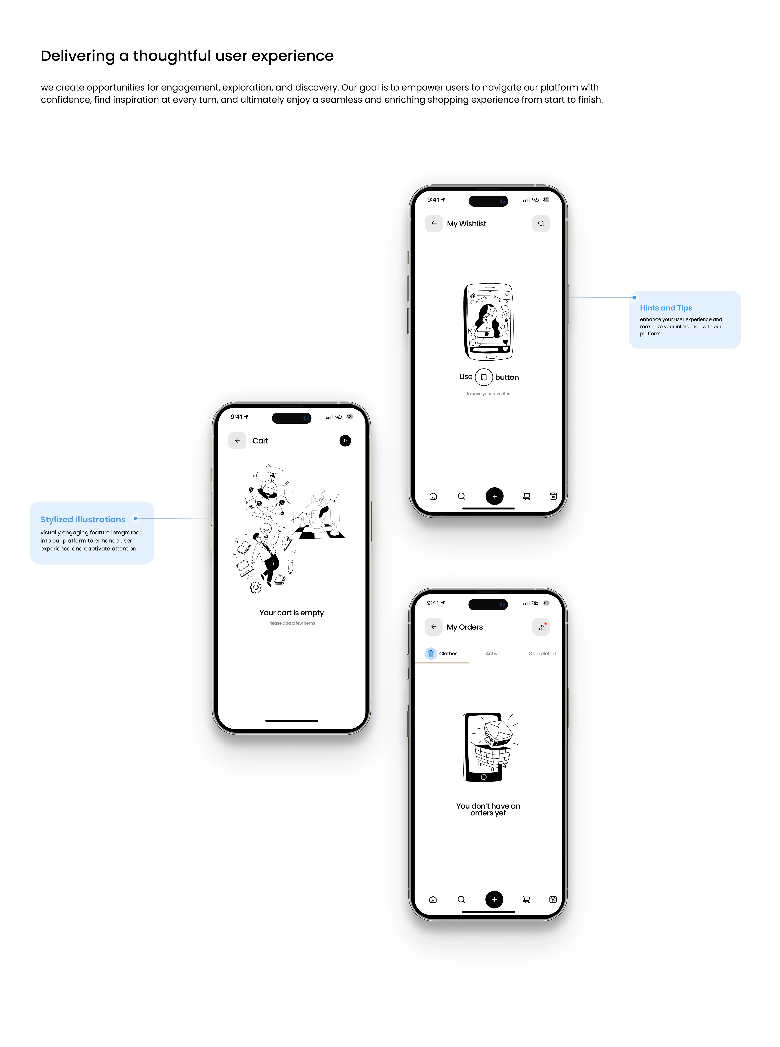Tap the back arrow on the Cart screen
[x=237, y=440]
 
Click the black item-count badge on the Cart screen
[x=345, y=441]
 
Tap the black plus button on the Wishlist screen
[x=494, y=496]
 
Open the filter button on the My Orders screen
[x=541, y=627]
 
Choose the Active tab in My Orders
[x=493, y=653]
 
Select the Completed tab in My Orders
[x=542, y=653]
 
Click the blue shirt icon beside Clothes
[x=431, y=653]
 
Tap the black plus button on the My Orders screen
[x=494, y=899]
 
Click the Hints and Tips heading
[x=666, y=308]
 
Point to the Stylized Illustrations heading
[x=83, y=519]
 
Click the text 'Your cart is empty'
[x=292, y=612]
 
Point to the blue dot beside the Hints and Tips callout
[x=634, y=298]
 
